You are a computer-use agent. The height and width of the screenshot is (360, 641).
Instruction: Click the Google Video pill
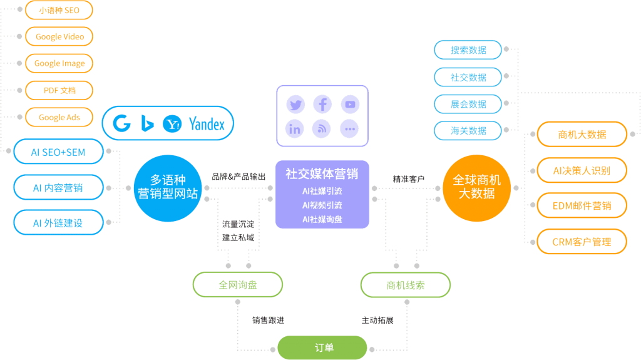[59, 37]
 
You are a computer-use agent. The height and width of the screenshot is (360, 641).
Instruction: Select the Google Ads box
[59, 118]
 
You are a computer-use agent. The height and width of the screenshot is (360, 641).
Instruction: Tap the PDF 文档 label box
[59, 91]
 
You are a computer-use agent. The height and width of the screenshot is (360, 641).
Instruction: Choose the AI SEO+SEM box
[58, 152]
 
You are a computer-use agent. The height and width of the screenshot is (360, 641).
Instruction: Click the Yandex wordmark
[207, 124]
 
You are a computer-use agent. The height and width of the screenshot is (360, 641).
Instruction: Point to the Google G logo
[122, 123]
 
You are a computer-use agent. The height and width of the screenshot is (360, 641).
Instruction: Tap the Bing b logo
[147, 123]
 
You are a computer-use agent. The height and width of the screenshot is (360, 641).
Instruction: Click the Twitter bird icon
[295, 104]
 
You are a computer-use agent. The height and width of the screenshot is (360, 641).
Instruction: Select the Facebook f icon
[322, 104]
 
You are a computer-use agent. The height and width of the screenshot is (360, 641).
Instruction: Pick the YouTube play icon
[350, 104]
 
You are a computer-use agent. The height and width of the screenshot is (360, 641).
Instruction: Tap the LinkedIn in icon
[295, 129]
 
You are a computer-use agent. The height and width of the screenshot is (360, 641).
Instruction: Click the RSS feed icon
[322, 129]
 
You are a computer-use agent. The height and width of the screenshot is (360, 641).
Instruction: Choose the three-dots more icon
[350, 129]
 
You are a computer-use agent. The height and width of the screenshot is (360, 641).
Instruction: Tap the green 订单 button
[322, 347]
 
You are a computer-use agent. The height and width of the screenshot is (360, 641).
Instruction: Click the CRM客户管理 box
[582, 242]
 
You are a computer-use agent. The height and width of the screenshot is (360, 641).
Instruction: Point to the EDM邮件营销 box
[582, 205]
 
